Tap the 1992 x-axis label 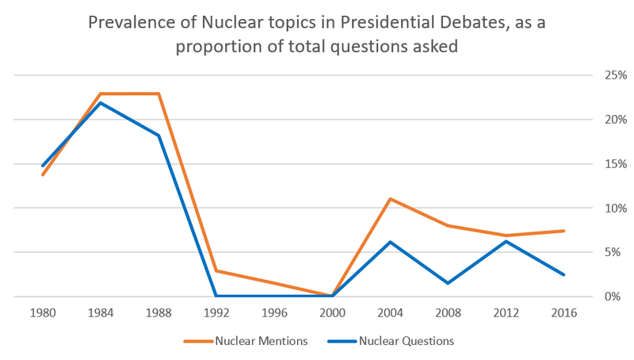click(216, 312)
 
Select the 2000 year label click(332, 312)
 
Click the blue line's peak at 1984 click(100, 103)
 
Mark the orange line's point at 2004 click(390, 198)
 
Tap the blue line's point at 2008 click(449, 283)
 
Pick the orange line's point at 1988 click(158, 94)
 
